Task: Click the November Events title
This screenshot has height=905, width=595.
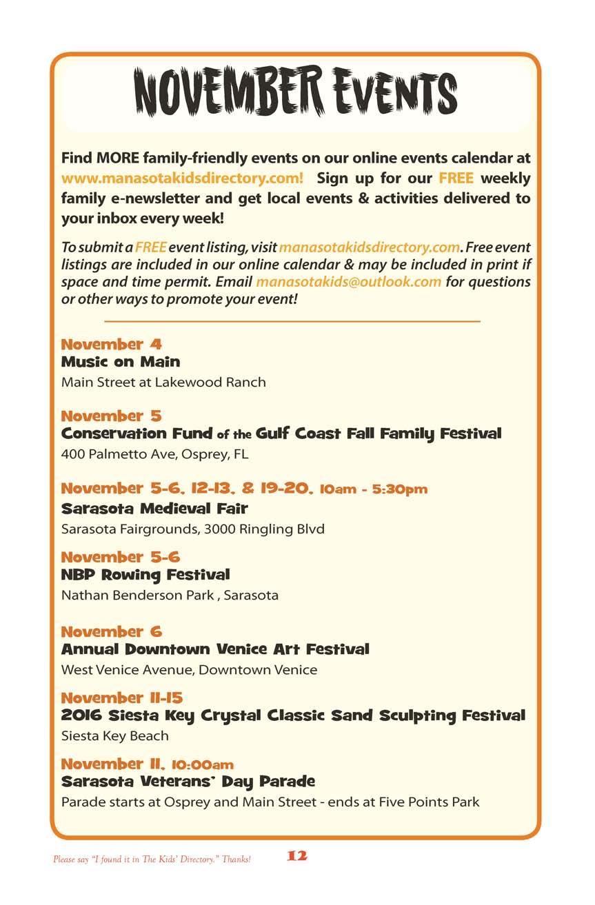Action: [296, 92]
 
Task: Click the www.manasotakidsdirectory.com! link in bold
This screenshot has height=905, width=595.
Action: [182, 178]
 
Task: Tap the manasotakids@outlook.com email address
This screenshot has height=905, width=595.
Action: [348, 282]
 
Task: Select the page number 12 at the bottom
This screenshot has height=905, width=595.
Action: [297, 855]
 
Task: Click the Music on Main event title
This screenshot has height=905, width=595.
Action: [121, 362]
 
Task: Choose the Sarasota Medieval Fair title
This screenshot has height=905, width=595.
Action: [154, 509]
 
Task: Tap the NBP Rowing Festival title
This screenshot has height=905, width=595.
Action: [145, 574]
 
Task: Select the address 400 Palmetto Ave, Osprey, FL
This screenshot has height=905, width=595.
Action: [154, 454]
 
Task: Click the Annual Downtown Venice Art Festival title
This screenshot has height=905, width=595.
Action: [215, 649]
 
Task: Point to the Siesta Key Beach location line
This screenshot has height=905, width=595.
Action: [115, 735]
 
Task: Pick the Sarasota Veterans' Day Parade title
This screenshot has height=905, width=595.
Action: [188, 782]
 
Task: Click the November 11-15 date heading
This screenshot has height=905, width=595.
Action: [122, 698]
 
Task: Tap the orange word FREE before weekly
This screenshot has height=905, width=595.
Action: [456, 178]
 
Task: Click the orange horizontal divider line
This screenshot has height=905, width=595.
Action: [292, 321]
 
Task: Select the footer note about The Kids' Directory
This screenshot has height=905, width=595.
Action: [152, 860]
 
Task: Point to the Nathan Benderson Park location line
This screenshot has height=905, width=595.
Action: [170, 595]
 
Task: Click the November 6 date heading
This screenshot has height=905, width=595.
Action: [112, 631]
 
